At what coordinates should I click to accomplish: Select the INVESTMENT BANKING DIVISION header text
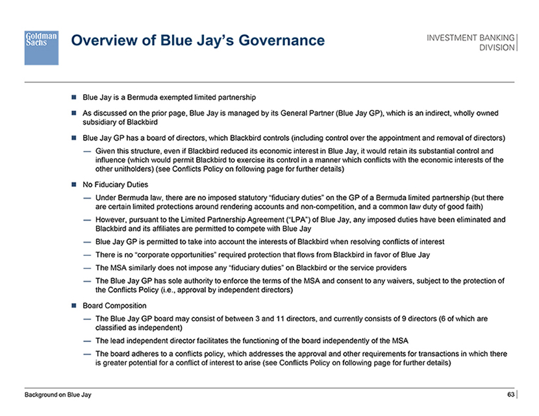471,42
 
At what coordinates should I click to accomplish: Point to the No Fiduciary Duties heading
115,184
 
